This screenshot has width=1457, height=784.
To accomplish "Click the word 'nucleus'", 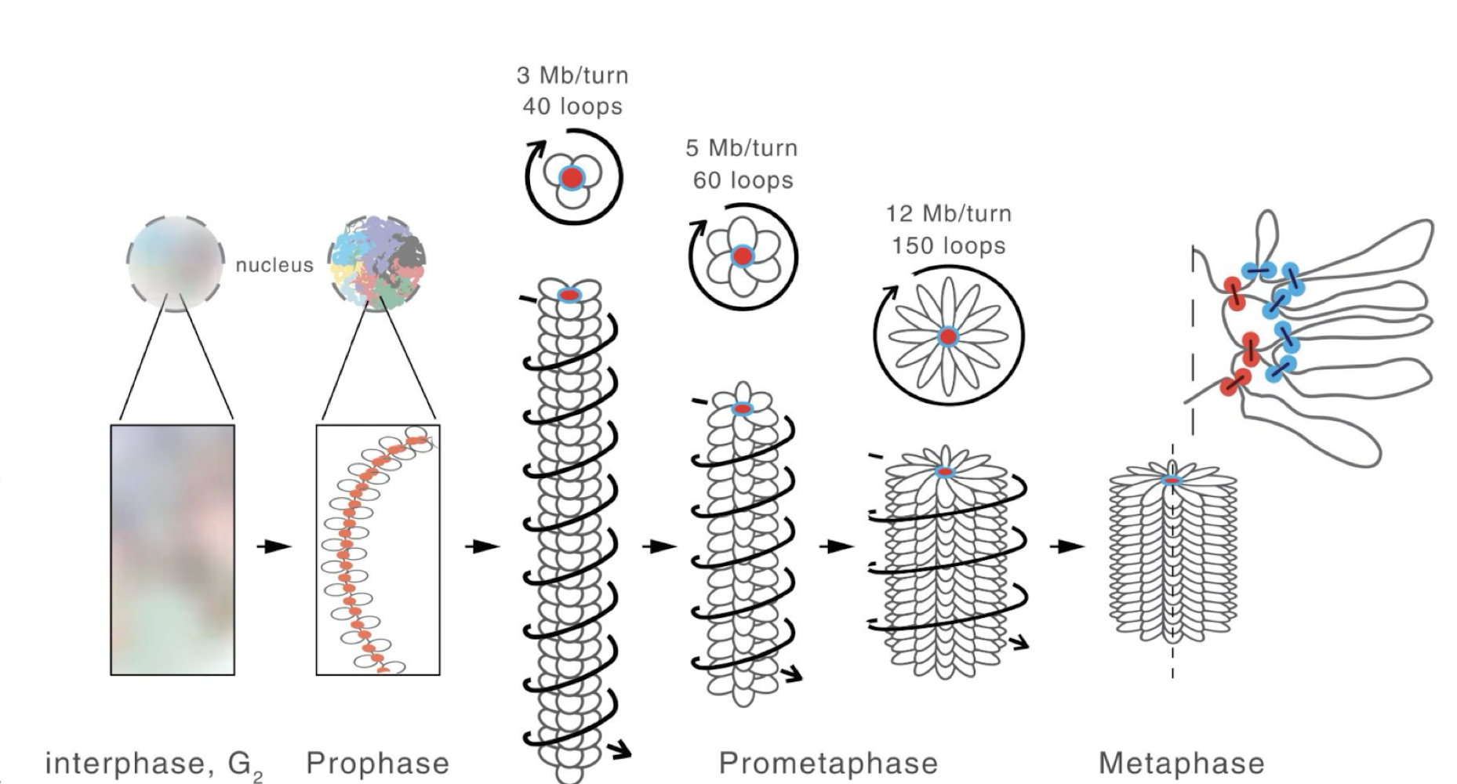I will pyautogui.click(x=274, y=265).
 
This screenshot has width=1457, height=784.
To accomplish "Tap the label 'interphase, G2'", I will pyautogui.click(x=154, y=764).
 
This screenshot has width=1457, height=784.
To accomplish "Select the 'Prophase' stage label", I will pyautogui.click(x=377, y=763).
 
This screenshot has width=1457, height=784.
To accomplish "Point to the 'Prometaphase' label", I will pyautogui.click(x=827, y=763).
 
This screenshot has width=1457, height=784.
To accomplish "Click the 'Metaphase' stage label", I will pyautogui.click(x=1181, y=763).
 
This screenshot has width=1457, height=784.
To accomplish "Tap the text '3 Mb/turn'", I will pyautogui.click(x=572, y=75).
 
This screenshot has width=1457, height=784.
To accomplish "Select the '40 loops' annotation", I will pyautogui.click(x=572, y=106).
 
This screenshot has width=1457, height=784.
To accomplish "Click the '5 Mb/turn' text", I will pyautogui.click(x=741, y=147).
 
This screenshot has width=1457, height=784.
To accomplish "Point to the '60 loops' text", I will pyautogui.click(x=743, y=180).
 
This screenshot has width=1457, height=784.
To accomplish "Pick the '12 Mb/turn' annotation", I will pyautogui.click(x=948, y=213).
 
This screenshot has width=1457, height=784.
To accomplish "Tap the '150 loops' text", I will pyautogui.click(x=948, y=245).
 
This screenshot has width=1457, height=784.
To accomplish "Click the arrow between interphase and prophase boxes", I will pyautogui.click(x=274, y=546).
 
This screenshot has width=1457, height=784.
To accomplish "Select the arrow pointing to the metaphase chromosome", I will pyautogui.click(x=1066, y=546).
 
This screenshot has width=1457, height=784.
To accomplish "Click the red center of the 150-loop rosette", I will pyautogui.click(x=948, y=337).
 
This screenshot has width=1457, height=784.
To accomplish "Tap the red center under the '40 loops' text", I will pyautogui.click(x=572, y=177).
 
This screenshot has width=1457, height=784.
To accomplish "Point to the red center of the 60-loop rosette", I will pyautogui.click(x=742, y=256).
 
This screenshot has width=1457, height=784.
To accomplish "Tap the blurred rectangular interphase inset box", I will pyautogui.click(x=173, y=549).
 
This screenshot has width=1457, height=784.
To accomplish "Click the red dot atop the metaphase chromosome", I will pyautogui.click(x=1172, y=480).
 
